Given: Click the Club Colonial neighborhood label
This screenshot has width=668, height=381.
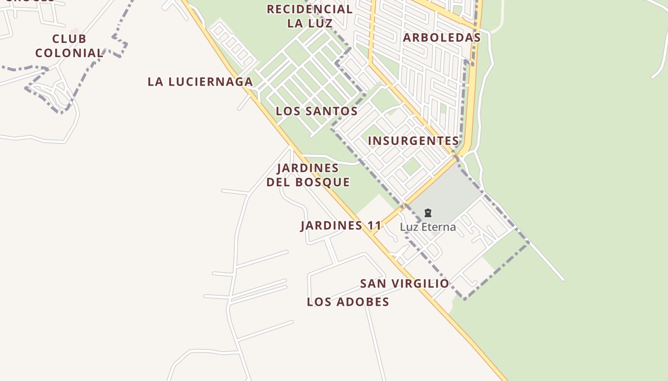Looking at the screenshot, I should coord(69,46).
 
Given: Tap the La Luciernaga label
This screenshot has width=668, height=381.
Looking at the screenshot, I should coord(200,81).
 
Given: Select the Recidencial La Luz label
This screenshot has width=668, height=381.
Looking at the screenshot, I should coord(310,16).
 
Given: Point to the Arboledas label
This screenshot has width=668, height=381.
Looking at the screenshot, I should coord(441,38).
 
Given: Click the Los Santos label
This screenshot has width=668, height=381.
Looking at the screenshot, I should coord(316,111).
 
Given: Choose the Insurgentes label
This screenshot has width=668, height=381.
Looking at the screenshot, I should coord(413,140).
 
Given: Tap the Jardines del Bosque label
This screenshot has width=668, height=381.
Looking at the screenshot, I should coord(308,175).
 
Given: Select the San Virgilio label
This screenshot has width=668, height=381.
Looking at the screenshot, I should coord(404,283).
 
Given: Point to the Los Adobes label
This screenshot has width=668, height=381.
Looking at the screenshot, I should coord(348,301).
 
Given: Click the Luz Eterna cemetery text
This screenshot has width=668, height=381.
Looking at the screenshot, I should coord(428,227).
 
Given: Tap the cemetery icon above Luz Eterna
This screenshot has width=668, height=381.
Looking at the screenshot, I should coord(428,213).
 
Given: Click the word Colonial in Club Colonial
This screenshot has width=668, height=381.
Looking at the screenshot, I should coord(69,53).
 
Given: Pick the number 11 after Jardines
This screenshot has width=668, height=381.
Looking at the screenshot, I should coord(375,225).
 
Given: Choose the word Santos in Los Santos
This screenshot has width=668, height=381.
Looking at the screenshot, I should coord(332,111).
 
